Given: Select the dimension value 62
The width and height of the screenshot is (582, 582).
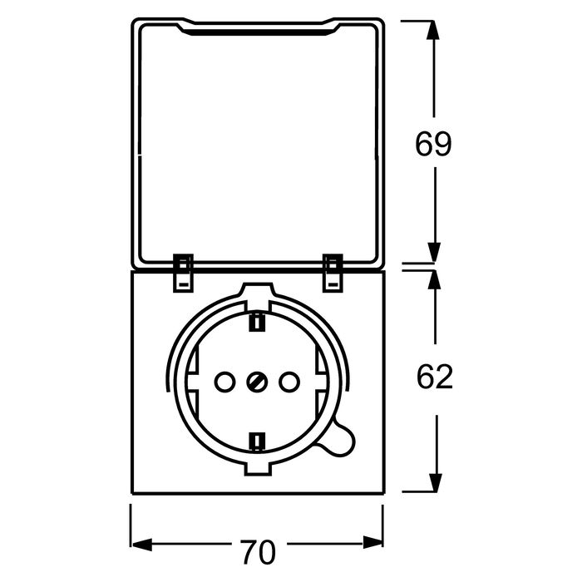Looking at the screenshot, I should click(434, 377).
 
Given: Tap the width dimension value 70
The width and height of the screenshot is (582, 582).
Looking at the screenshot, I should click(257, 550).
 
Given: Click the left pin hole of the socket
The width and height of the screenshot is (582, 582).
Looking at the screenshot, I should click(224, 382).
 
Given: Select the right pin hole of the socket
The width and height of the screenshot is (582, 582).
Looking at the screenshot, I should click(290, 382).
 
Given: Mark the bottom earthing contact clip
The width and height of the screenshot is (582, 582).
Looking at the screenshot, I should click(257, 440).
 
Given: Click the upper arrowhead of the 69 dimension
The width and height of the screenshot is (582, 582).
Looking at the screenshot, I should click(433, 33).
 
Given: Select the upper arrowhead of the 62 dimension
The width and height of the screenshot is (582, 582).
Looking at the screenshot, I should click(433, 283).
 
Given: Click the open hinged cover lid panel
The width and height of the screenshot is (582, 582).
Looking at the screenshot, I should click(257, 141).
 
